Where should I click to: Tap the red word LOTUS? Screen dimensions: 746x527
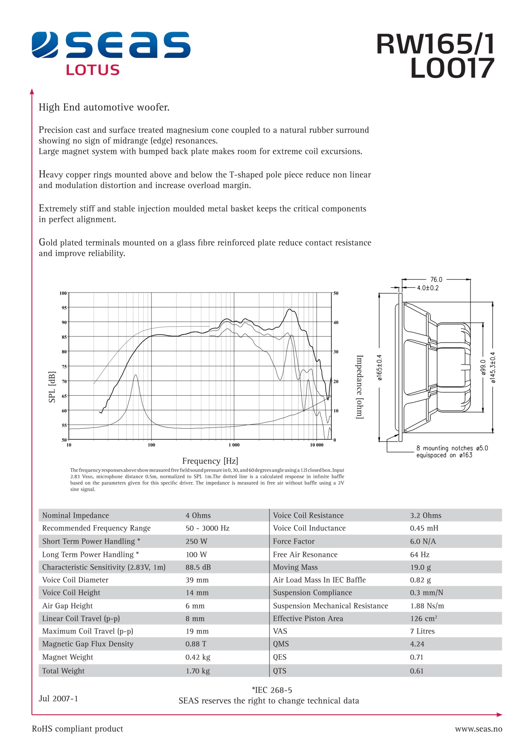pos(92,70)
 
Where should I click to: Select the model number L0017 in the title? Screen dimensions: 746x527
pos(452,68)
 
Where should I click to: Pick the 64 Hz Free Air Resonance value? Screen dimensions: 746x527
pos(419,554)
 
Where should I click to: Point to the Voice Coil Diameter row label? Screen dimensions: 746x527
pos(75,580)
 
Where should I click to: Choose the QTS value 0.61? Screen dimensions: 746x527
pos(416,671)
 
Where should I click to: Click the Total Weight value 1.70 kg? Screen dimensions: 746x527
pos(198,671)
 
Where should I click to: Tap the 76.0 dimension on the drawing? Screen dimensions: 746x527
pos(436,279)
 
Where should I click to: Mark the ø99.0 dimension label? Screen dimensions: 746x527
pos(483,367)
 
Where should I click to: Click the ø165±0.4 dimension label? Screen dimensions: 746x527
pos(380,367)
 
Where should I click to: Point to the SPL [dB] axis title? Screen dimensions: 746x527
pos(52,387)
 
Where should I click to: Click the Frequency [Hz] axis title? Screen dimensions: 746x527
pos(210,461)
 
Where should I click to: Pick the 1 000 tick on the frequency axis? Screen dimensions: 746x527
pos(234,445)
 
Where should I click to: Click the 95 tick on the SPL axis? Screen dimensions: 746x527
pos(64,308)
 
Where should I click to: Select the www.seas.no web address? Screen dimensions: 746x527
pos(478,729)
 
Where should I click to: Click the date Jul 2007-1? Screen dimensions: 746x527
pos(58,698)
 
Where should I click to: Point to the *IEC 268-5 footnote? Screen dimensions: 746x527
pos(272,690)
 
